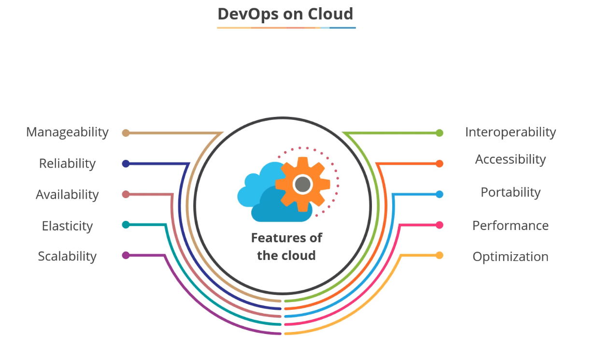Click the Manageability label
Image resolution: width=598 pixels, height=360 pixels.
click(67, 132)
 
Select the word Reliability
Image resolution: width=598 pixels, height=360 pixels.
click(67, 163)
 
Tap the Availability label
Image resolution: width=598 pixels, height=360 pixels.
click(67, 194)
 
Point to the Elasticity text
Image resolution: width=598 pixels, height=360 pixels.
click(67, 226)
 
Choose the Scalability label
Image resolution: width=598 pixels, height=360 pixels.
click(67, 256)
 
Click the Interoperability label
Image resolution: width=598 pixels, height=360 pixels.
click(510, 132)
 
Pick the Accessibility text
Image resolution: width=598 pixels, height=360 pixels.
click(510, 159)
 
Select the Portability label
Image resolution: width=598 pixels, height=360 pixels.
click(510, 192)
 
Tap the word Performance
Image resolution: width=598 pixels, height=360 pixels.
click(510, 225)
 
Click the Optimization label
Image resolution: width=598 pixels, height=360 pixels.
click(510, 257)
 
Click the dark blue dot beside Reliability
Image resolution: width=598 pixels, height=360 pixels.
click(126, 163)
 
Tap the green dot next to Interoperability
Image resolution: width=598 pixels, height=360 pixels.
click(439, 133)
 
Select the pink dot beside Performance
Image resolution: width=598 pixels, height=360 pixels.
click(439, 225)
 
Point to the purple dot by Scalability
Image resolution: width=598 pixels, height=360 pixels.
click(126, 255)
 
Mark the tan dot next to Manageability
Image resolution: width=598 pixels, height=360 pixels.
click(126, 133)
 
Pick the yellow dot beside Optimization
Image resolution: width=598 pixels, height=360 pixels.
click(439, 255)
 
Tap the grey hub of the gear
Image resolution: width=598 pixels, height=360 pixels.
click(303, 184)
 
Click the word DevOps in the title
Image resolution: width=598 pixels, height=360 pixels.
click(246, 14)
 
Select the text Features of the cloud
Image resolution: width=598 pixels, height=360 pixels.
click(286, 246)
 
